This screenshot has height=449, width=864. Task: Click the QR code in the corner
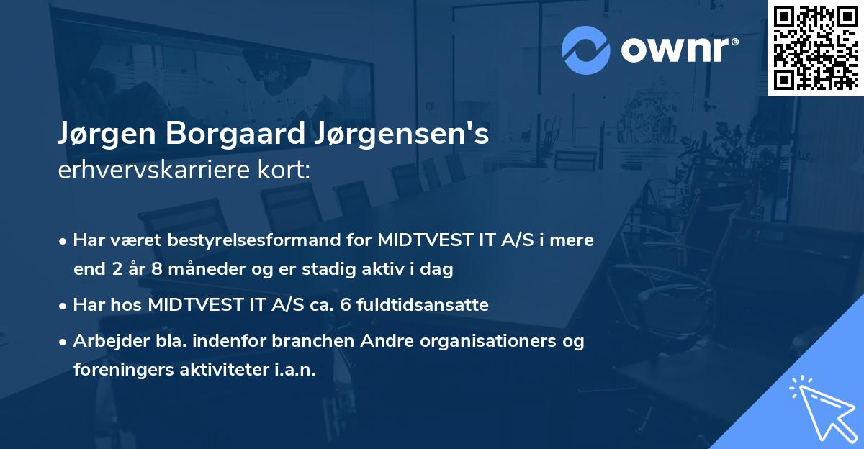coord(815,48)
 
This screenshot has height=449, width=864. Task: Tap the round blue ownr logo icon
coord(585,50)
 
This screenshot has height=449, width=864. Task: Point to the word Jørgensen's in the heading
coord(390,135)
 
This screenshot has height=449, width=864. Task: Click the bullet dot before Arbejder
coord(64,342)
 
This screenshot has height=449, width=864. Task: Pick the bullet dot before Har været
coord(64,241)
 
